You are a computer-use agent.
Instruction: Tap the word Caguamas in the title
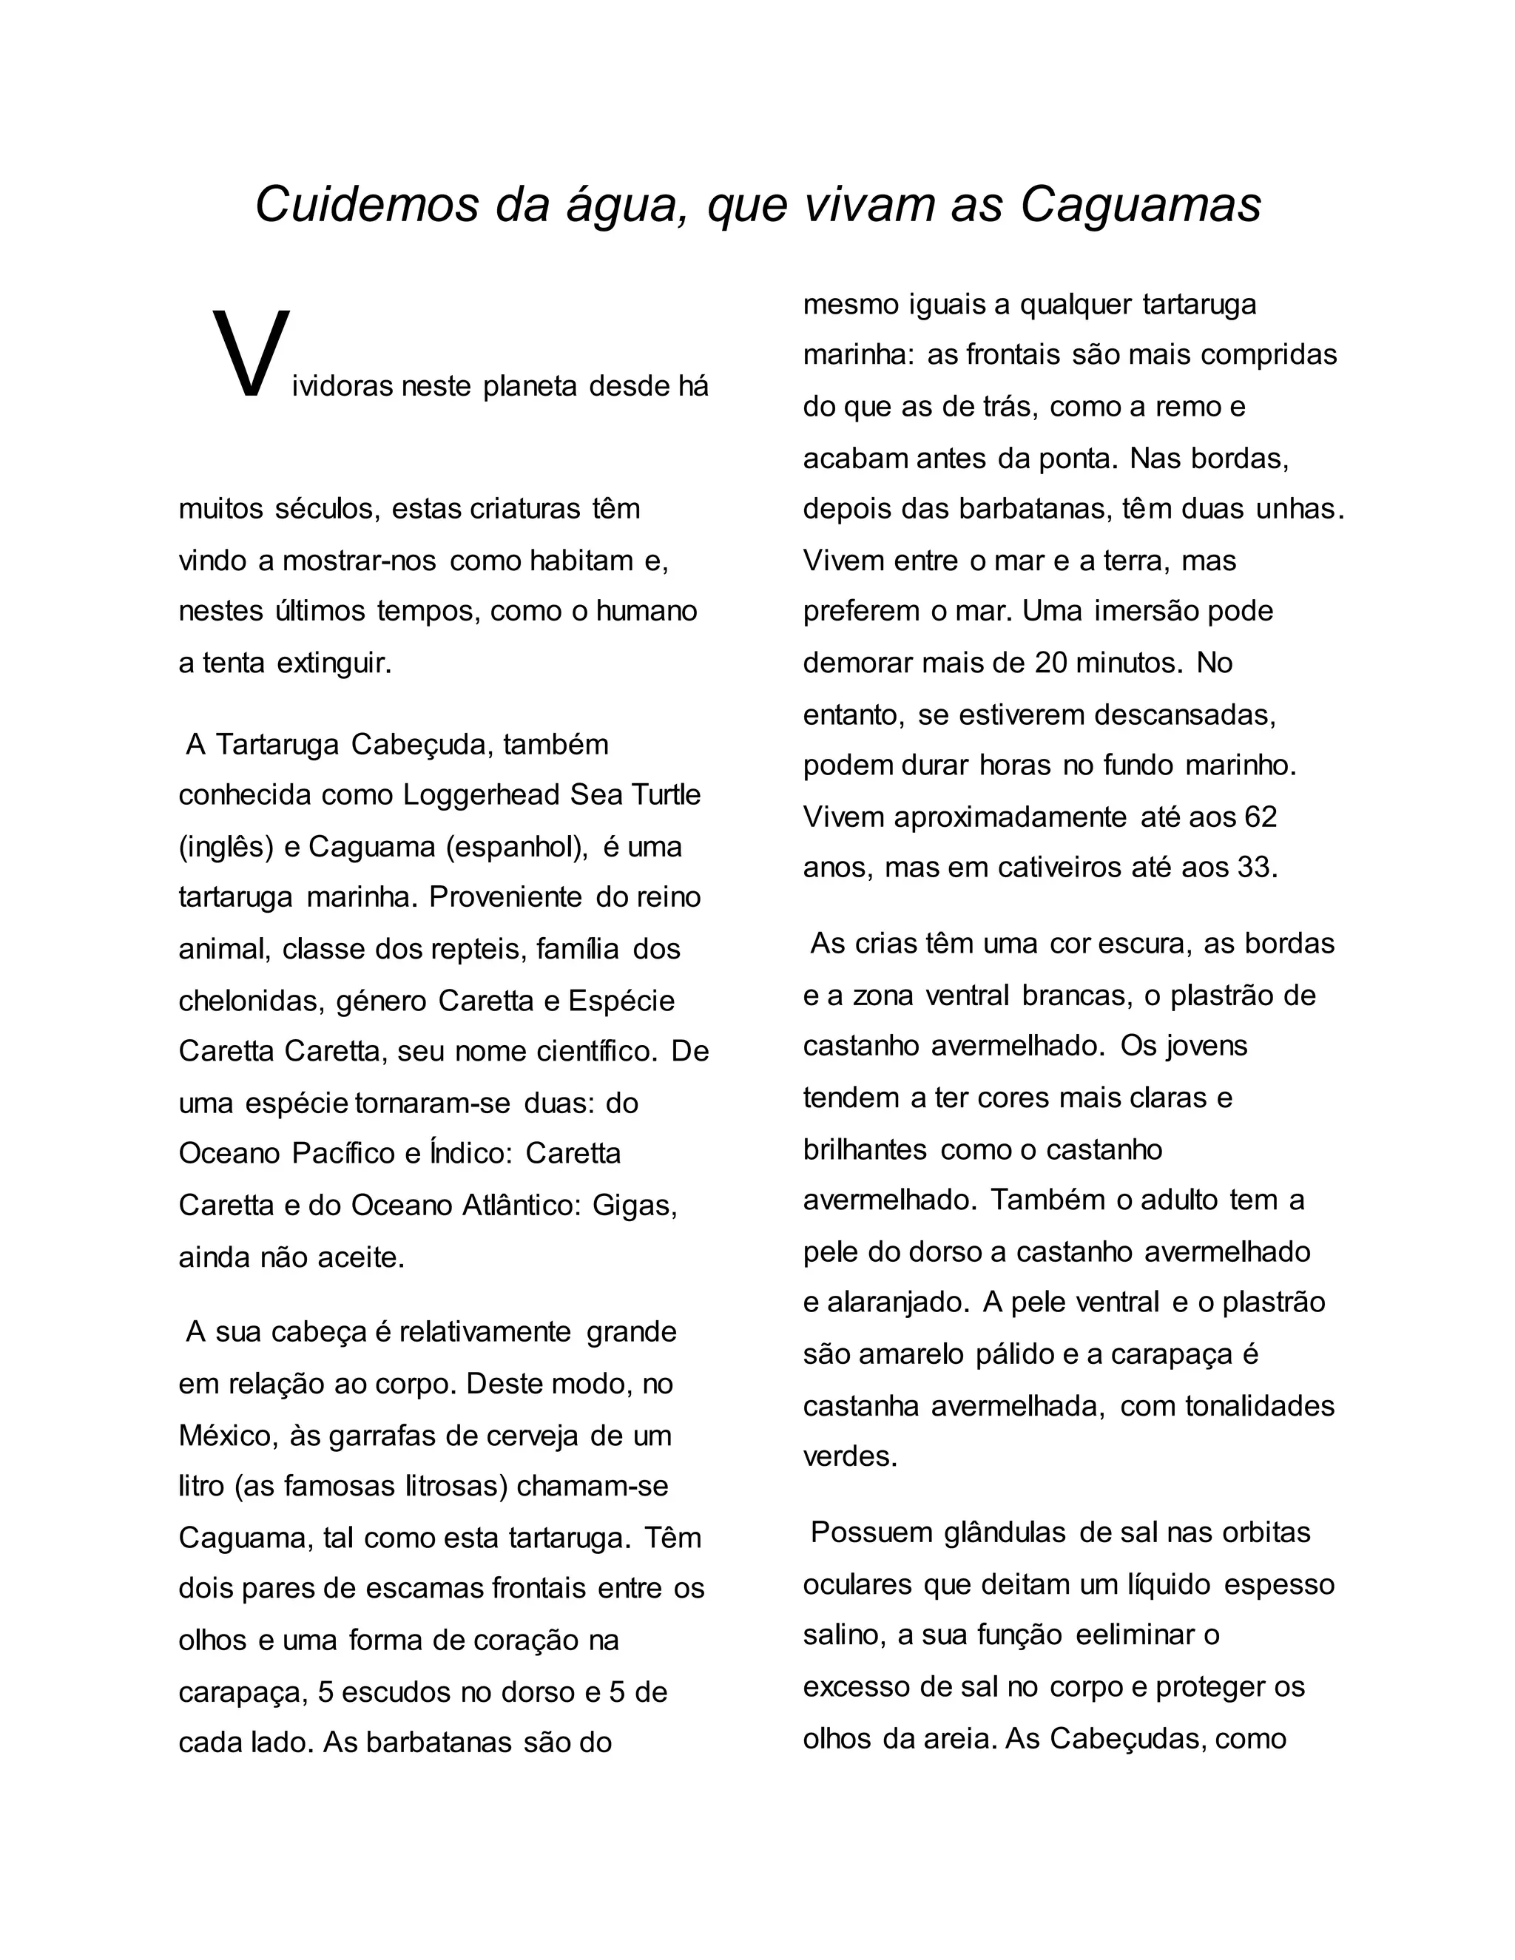click(1141, 205)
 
